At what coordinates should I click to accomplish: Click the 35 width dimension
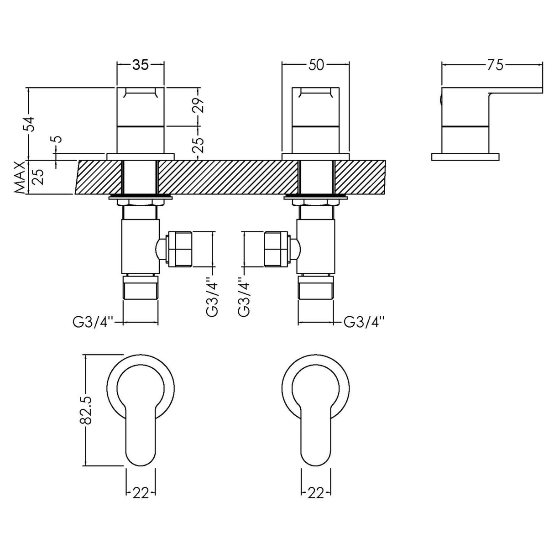[x=141, y=65]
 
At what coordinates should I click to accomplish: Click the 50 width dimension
[x=316, y=65]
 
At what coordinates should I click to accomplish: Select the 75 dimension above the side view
[x=494, y=65]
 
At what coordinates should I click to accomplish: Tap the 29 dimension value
[x=200, y=106]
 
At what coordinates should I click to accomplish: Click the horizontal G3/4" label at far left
[x=91, y=322]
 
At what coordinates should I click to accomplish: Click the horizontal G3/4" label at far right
[x=364, y=322]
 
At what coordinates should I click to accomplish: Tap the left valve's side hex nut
[x=180, y=249]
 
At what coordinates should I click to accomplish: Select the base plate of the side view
[x=465, y=157]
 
